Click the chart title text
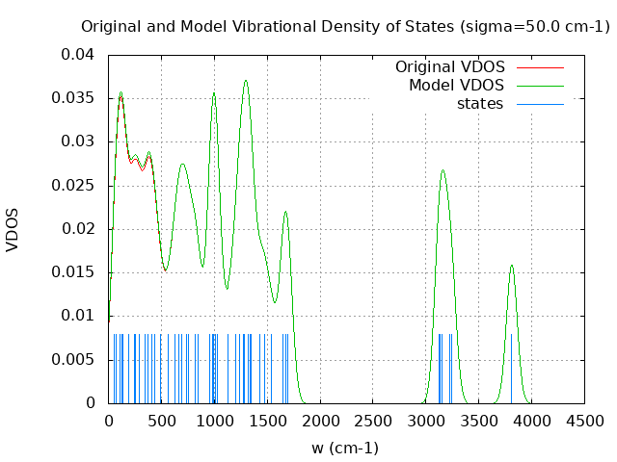pos(345,26)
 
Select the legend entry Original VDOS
pos(450,67)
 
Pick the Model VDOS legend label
pos(456,86)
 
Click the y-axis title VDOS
pos(13,229)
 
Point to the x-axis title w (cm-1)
pos(345,448)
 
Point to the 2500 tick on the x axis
pos(373,421)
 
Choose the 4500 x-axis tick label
pos(584,421)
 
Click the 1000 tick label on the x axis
pos(214,421)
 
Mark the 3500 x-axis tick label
pos(478,421)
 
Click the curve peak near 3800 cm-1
pos(512,266)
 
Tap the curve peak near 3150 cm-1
pos(443,171)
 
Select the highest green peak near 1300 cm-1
pos(246,81)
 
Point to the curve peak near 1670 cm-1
pos(285,212)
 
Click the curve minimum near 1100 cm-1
pos(227,288)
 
